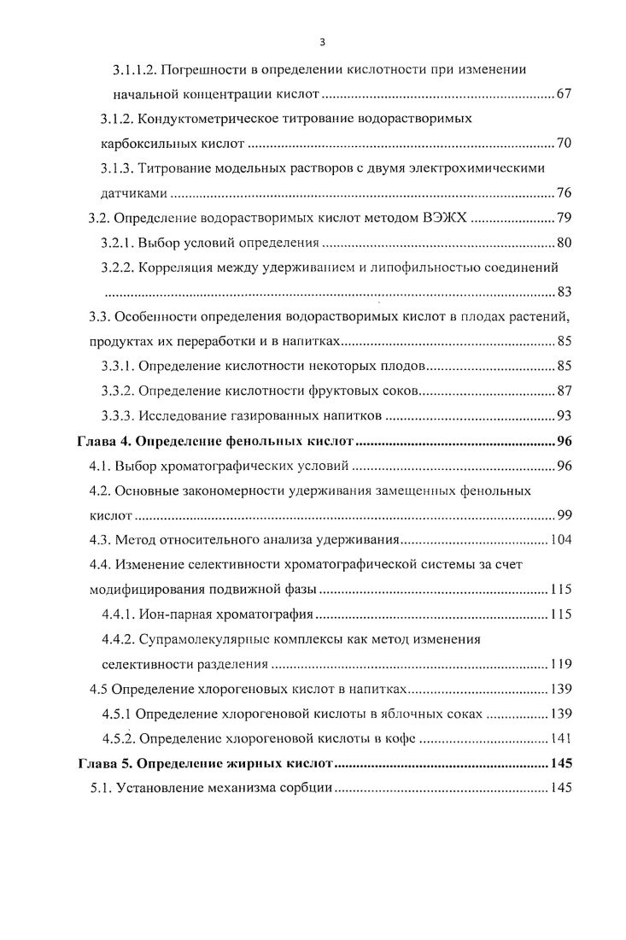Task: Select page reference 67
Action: [563, 93]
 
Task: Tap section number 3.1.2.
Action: [117, 118]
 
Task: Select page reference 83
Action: [563, 292]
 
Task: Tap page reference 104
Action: [560, 540]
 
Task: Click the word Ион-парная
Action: [173, 614]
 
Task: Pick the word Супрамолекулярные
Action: [198, 639]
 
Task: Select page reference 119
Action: [560, 664]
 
